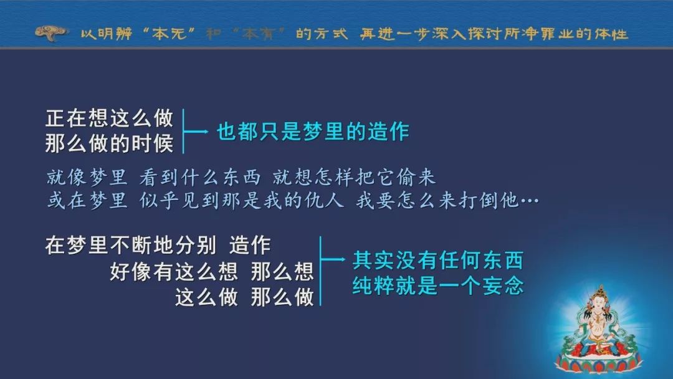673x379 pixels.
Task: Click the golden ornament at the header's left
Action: pos(51,33)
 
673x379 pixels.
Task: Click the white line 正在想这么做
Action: pos(109,118)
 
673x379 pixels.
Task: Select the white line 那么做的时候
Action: pos(109,143)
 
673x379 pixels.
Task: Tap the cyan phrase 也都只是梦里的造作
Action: pos(313,132)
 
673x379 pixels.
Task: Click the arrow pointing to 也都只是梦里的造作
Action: pos(196,132)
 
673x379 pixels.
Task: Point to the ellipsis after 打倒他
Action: pos(530,201)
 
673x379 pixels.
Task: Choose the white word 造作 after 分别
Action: pos(250,246)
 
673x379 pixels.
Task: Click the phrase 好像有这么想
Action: pos(173,271)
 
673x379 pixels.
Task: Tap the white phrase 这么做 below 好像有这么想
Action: pos(206,297)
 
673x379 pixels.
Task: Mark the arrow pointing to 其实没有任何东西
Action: pos(333,259)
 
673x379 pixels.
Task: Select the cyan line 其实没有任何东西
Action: pos(438,260)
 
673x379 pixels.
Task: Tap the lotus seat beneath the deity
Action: pos(599,361)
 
